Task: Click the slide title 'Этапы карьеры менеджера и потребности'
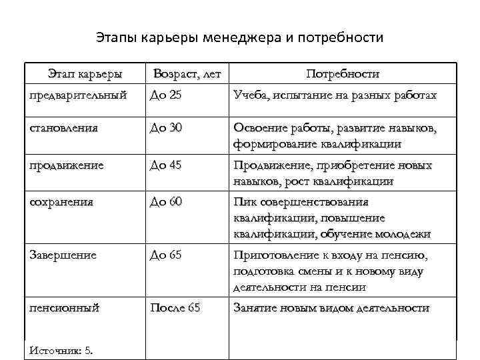click(240, 37)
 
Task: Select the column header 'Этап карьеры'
click(84, 73)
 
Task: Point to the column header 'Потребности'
click(343, 73)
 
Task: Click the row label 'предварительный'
click(79, 95)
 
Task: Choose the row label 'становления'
click(64, 127)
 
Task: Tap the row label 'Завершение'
click(63, 255)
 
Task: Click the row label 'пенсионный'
click(65, 308)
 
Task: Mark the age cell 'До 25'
click(165, 95)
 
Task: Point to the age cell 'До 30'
click(166, 127)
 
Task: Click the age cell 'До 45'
click(166, 165)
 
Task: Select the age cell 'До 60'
click(166, 201)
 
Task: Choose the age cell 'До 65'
click(166, 255)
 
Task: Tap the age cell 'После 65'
click(175, 308)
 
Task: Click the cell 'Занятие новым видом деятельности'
click(331, 308)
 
